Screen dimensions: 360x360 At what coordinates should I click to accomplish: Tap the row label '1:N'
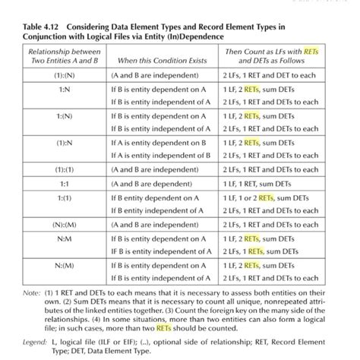(65, 89)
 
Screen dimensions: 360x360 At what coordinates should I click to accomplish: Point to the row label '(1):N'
(65, 142)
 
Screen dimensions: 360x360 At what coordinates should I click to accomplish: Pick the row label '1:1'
(65, 183)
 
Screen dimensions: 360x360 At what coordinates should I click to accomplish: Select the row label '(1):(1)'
(65, 169)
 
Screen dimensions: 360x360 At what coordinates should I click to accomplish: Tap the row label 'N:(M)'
(65, 265)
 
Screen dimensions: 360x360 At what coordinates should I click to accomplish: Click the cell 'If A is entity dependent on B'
(158, 142)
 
